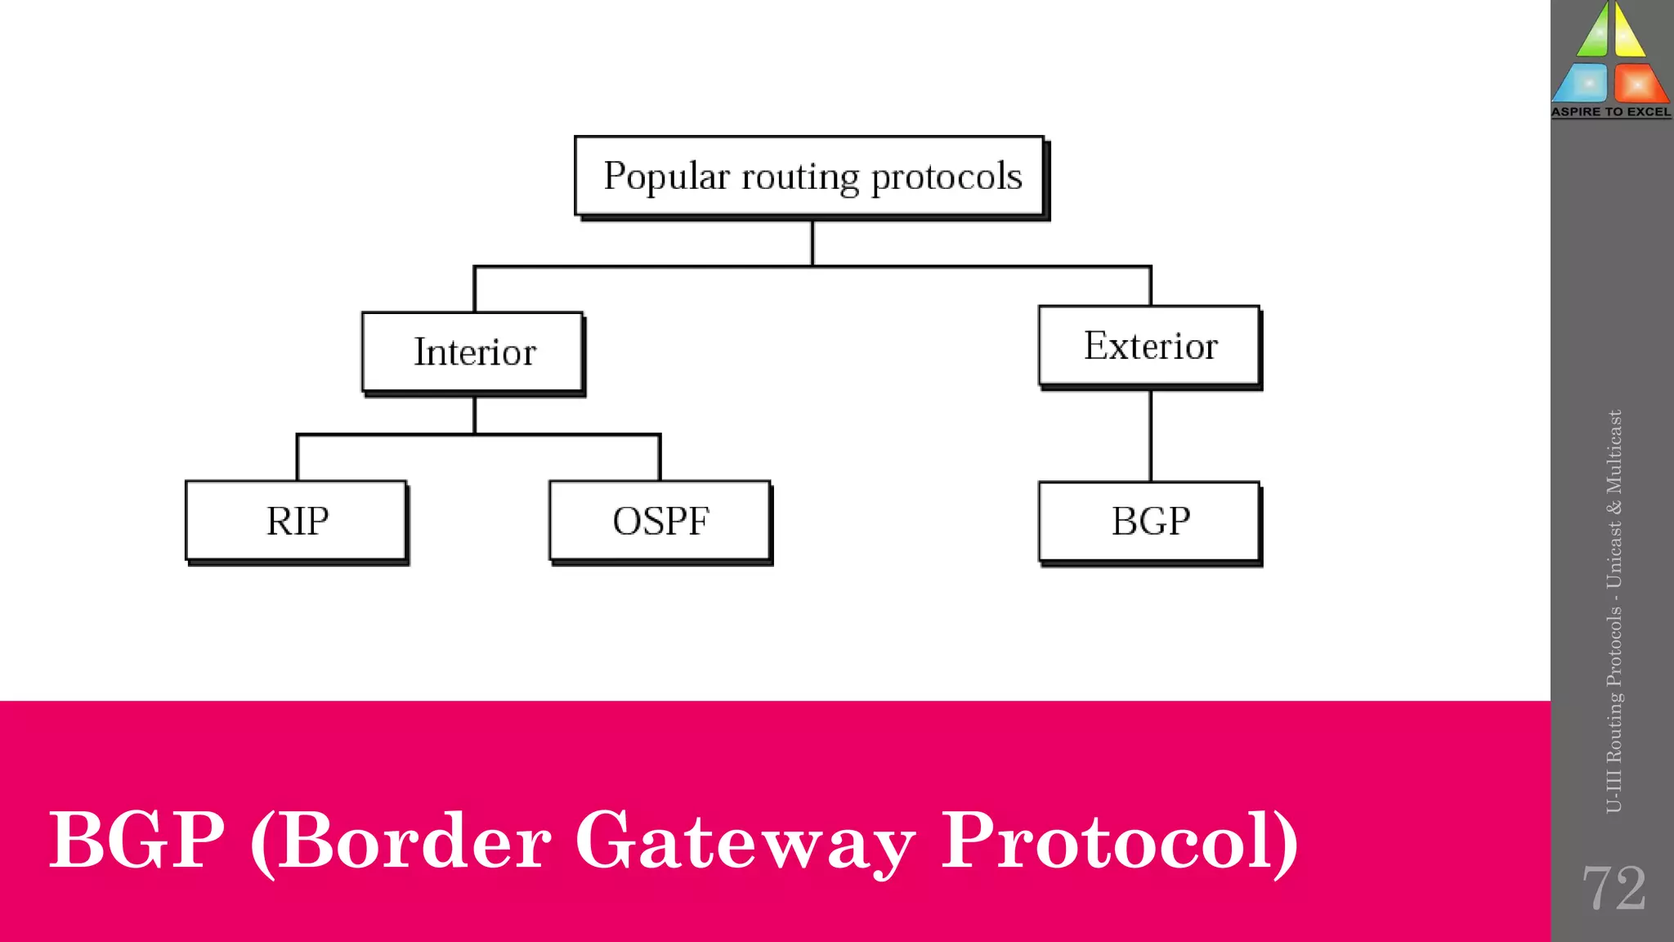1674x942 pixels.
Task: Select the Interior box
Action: point(473,352)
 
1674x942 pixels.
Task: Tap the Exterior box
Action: point(1149,346)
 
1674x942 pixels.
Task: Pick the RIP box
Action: point(297,521)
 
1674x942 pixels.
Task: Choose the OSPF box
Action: point(660,521)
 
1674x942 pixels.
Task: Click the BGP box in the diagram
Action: point(1149,522)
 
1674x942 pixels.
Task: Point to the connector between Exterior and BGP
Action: point(1150,435)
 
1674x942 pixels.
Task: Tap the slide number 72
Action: point(1613,888)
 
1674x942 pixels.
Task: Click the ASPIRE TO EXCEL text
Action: point(1611,112)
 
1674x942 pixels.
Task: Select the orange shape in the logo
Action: point(1639,84)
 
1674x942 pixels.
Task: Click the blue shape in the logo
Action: point(1582,84)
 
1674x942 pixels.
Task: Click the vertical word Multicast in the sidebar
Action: point(1614,452)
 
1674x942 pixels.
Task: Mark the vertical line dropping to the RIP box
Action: point(298,458)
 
